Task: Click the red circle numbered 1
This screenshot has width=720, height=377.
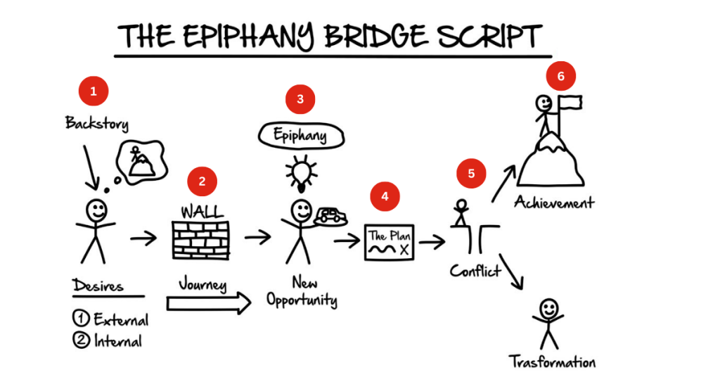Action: [94, 91]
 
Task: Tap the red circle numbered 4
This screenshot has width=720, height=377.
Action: [385, 196]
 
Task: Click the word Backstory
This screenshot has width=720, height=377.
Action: [97, 124]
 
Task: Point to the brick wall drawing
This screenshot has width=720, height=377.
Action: [200, 240]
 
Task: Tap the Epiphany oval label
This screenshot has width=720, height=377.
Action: [301, 134]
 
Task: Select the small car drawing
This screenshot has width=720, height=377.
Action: [330, 215]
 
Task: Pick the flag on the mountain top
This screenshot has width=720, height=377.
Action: [570, 103]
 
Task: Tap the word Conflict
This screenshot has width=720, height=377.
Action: [476, 270]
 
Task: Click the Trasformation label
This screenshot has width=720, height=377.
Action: [553, 362]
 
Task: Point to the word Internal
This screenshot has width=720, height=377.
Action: [117, 342]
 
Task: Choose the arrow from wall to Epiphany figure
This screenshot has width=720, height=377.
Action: [257, 237]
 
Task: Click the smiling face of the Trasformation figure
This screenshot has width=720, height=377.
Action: [548, 308]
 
